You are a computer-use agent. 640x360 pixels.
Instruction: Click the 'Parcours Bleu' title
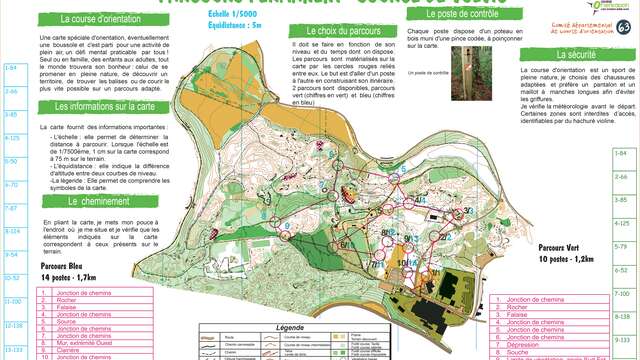62,267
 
